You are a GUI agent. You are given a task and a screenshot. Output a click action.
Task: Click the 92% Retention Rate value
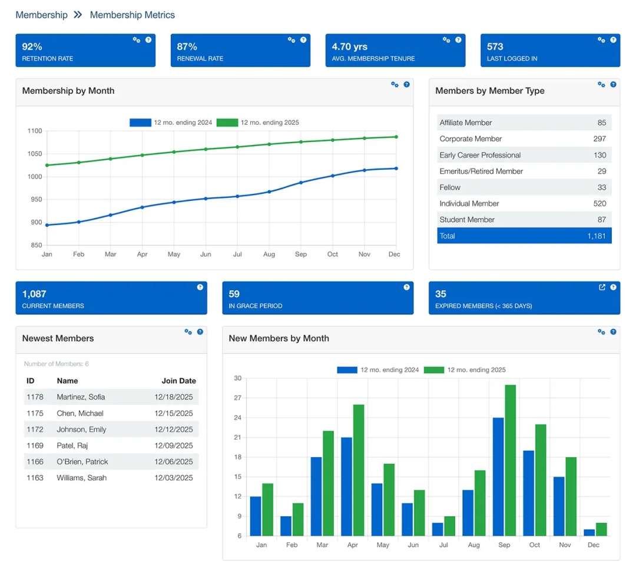[x=32, y=47]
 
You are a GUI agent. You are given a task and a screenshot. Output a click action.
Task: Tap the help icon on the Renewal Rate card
[x=303, y=40]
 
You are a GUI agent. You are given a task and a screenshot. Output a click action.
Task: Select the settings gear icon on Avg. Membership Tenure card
[x=446, y=40]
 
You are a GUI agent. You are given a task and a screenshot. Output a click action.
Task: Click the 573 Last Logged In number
[x=495, y=47]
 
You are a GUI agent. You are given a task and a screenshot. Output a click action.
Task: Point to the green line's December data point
[x=396, y=137]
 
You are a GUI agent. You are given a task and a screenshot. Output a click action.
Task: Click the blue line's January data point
[x=47, y=225]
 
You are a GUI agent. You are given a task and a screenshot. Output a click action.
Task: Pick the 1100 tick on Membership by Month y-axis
[x=35, y=131]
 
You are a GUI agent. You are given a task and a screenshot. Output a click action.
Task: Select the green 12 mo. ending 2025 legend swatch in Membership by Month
[x=227, y=123]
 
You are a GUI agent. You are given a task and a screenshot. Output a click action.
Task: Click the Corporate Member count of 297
[x=599, y=139]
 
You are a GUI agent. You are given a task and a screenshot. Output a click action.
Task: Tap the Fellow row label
[x=450, y=187]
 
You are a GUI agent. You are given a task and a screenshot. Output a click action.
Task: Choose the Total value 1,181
[x=597, y=236]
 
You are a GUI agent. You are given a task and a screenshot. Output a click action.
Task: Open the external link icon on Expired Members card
[x=602, y=288]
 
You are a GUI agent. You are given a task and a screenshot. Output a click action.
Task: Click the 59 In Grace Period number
[x=234, y=294]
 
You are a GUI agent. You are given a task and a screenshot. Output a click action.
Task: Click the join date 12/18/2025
[x=174, y=397]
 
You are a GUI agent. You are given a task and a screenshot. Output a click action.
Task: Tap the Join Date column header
[x=178, y=381]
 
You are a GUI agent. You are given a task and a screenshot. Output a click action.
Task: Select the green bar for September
[x=510, y=460]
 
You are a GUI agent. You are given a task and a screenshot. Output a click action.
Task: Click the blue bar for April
[x=346, y=486]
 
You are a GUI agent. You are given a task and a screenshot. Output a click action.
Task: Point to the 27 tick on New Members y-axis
[x=238, y=398]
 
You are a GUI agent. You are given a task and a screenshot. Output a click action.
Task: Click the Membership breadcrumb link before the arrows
[x=41, y=15]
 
